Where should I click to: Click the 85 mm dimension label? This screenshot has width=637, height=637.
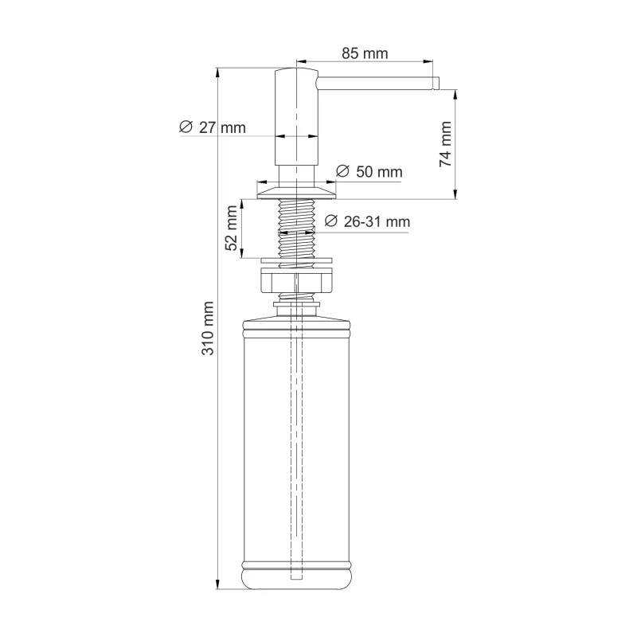tap(364, 54)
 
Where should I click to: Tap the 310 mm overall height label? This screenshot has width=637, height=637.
tap(208, 328)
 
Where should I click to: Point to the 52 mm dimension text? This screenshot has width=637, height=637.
tap(232, 229)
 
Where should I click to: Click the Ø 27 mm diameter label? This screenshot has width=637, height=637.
tap(213, 127)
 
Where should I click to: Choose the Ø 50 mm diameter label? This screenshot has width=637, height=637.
tap(369, 171)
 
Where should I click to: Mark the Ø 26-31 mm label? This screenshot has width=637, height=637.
tap(368, 222)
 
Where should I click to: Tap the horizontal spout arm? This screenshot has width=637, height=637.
tap(374, 83)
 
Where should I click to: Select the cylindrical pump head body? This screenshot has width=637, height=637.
tap(296, 119)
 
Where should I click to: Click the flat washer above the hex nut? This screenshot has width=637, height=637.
tap(296, 260)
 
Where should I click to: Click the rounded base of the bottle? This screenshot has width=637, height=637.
tap(296, 577)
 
